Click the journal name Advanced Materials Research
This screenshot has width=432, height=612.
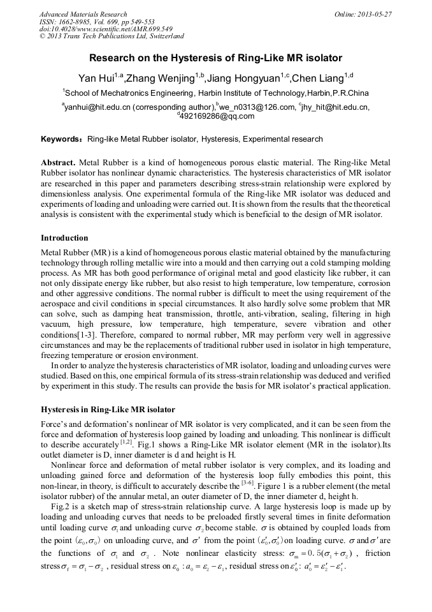click(x=83, y=14)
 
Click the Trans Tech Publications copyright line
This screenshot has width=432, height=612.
click(x=112, y=37)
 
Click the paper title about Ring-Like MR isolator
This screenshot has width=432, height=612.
click(x=215, y=58)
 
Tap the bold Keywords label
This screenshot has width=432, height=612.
click(x=62, y=139)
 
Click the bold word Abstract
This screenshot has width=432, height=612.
click(x=59, y=163)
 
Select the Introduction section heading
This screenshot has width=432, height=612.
click(x=64, y=238)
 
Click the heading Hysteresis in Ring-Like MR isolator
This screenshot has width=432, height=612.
click(x=108, y=409)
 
